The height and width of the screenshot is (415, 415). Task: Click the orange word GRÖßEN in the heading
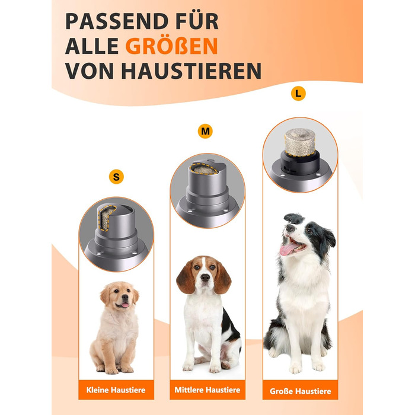click(171, 46)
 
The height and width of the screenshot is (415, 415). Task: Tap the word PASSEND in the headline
click(116, 21)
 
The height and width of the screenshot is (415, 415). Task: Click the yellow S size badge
click(116, 177)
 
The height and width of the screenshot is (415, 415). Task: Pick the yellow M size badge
click(205, 131)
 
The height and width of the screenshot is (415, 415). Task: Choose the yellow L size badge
click(298, 94)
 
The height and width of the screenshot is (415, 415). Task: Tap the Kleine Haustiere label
click(116, 390)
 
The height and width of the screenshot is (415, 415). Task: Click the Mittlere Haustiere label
click(207, 390)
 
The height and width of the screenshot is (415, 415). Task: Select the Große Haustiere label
click(301, 391)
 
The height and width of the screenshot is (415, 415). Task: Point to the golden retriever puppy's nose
click(125, 296)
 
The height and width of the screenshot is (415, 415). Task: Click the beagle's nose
click(205, 277)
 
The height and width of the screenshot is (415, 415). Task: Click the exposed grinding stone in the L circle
click(300, 142)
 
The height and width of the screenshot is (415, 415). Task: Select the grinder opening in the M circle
click(204, 169)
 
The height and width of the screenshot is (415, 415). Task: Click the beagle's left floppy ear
click(186, 277)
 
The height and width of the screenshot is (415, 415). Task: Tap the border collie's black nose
click(290, 228)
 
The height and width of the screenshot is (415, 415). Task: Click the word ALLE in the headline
click(92, 46)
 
